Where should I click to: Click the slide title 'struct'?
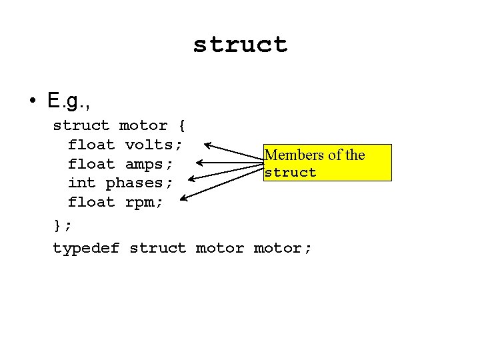(x=240, y=45)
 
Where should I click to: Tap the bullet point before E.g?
(x=33, y=101)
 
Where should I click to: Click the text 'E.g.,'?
(x=69, y=101)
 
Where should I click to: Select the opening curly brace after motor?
(x=181, y=125)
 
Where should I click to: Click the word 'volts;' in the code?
(x=154, y=145)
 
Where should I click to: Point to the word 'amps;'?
(x=149, y=164)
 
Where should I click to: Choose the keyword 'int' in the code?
(x=82, y=183)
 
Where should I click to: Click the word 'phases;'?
(x=140, y=183)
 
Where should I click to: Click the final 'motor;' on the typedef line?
(x=283, y=248)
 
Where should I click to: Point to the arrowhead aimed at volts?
(x=207, y=144)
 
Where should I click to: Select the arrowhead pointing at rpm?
(x=184, y=197)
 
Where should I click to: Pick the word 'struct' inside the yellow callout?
(x=290, y=173)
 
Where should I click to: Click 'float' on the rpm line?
(x=91, y=201)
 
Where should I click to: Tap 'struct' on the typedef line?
(x=158, y=248)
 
